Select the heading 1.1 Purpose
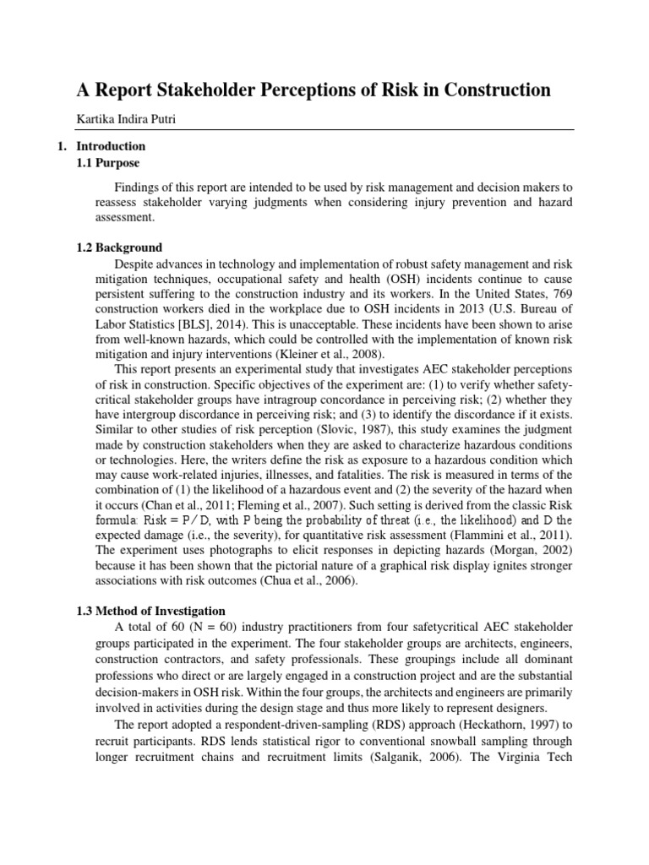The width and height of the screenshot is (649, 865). click(108, 162)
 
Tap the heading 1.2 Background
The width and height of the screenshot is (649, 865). click(119, 248)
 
